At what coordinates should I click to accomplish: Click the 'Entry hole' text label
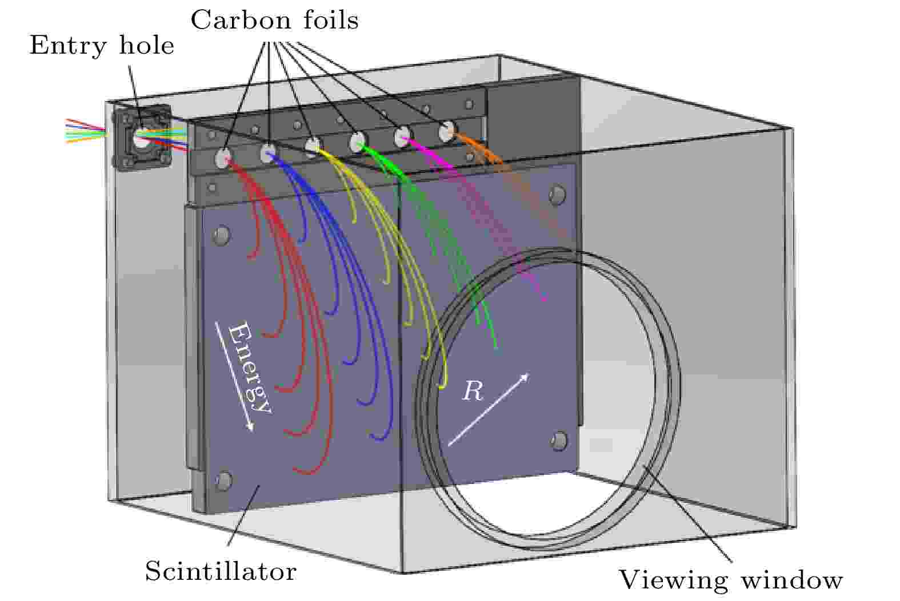pos(102,45)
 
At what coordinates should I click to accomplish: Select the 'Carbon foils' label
pos(274,21)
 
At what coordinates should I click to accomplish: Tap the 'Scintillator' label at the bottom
pos(221,571)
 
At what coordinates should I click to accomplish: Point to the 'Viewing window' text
pos(731,580)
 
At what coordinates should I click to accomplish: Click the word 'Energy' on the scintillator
pos(250,368)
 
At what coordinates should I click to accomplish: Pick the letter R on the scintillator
pos(473,392)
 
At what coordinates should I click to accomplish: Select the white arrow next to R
pos(489,409)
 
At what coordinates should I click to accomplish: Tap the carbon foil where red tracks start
pos(223,158)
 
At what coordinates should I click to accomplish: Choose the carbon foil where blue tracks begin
pos(268,152)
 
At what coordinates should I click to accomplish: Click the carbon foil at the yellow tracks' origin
pos(313,145)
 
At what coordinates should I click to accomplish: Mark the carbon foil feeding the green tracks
pos(357,140)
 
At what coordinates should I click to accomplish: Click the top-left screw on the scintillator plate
pos(221,235)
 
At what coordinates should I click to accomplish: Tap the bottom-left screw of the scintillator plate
pos(223,481)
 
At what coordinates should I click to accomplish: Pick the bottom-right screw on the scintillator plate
pos(559,440)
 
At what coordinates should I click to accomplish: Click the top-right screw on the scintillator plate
pos(555,195)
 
